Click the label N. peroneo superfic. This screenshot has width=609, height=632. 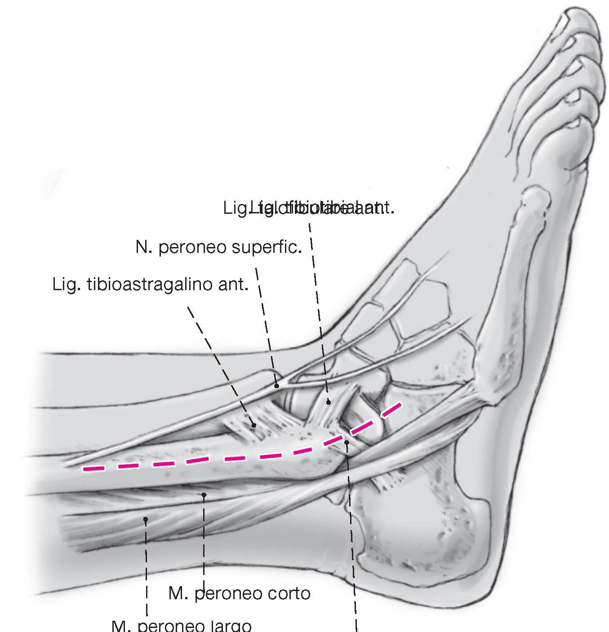[x=218, y=247]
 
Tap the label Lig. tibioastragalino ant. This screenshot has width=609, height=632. [x=151, y=285]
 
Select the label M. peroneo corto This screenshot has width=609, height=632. [x=239, y=593]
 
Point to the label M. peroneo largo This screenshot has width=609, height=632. [x=181, y=626]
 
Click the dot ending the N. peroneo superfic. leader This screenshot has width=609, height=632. [x=277, y=385]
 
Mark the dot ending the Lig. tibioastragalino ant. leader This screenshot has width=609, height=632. [x=253, y=424]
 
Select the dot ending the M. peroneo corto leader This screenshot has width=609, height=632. [x=204, y=495]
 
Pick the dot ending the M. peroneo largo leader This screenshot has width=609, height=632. [x=146, y=520]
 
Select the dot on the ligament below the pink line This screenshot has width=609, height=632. [x=347, y=443]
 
